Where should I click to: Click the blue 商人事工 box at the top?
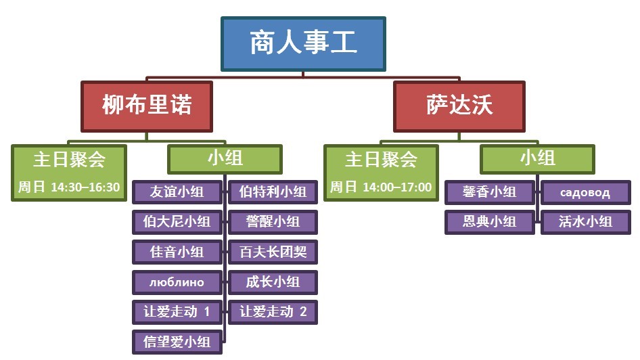coord(303,44)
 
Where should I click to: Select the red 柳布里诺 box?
coord(147,106)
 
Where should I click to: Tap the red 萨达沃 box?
coord(459,106)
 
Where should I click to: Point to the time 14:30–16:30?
coord(85,187)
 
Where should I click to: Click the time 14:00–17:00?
coord(397,187)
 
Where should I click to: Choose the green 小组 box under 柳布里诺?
coord(225,159)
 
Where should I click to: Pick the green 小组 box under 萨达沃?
coord(537,159)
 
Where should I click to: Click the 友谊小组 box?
coord(177,192)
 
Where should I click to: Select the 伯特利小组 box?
coord(273,192)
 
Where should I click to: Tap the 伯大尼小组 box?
coord(177,222)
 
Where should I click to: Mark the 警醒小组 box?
coord(273,222)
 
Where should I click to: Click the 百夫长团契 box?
coord(273,252)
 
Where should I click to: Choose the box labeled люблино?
coord(177,282)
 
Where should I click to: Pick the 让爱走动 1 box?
coord(177,312)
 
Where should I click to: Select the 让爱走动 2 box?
coord(273,312)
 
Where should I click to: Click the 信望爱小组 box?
coord(177,342)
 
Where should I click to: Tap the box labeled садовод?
coord(586,192)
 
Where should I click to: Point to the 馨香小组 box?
coord(489,192)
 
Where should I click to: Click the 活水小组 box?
coord(586,222)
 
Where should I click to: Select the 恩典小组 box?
coord(489,222)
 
